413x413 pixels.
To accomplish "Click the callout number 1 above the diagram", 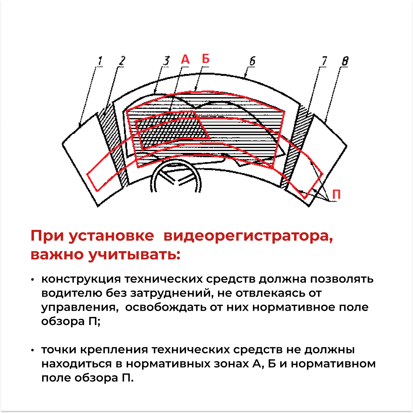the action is (x=100, y=61).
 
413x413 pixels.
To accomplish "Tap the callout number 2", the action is (x=122, y=61).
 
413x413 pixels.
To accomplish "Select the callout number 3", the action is (x=166, y=61).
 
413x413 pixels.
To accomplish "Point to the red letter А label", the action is (x=185, y=59).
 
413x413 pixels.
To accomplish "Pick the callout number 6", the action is (x=252, y=61).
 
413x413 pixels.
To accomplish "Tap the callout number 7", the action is (x=324, y=61).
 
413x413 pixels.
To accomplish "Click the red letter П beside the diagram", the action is (x=336, y=194).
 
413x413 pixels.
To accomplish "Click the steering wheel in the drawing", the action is (x=176, y=177).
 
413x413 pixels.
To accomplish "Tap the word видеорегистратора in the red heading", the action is (x=248, y=236).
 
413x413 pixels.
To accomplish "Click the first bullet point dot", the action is (x=32, y=279).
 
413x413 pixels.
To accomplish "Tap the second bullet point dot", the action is (x=32, y=350).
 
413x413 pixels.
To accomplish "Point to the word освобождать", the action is (x=166, y=307).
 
